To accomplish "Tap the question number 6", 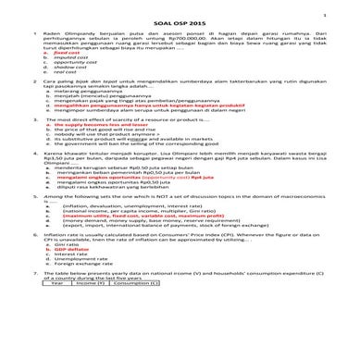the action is pyautogui.click(x=35, y=287).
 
